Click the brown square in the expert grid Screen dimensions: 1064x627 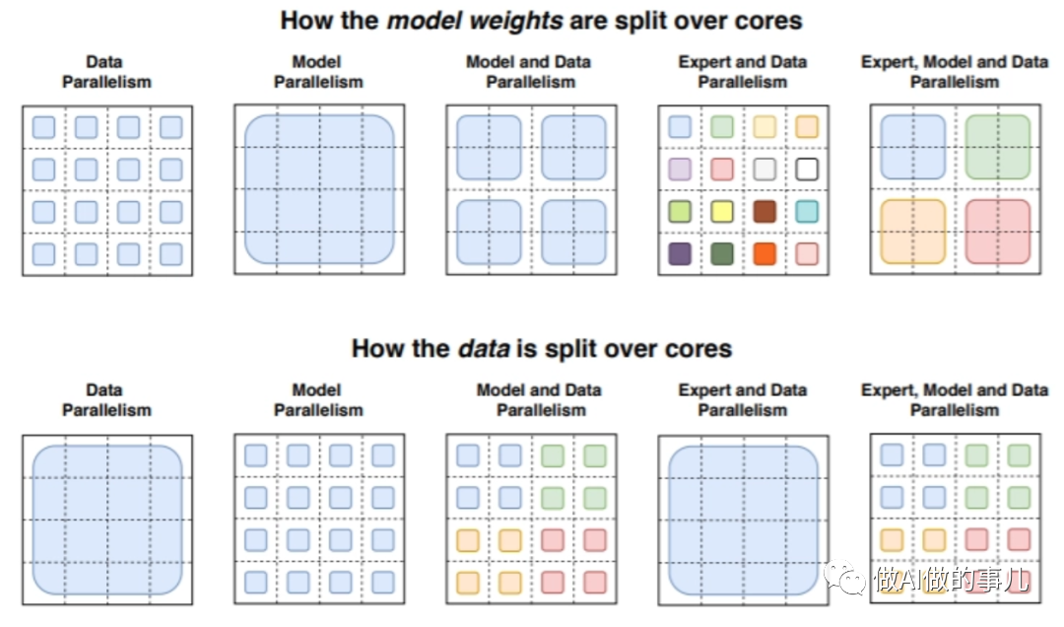click(x=765, y=211)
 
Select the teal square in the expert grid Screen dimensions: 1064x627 click(x=807, y=211)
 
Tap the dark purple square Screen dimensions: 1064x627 click(x=680, y=253)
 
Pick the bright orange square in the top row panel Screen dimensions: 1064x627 click(x=765, y=253)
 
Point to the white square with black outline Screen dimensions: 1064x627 click(x=807, y=169)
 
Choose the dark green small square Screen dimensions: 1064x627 click(x=722, y=253)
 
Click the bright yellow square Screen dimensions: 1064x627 click(x=722, y=211)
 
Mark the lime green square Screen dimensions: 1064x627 click(x=680, y=211)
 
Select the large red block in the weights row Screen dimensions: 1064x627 click(x=998, y=232)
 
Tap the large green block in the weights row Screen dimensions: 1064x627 click(x=998, y=148)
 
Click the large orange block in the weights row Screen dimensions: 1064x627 click(x=913, y=232)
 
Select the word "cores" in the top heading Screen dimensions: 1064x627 click(x=765, y=20)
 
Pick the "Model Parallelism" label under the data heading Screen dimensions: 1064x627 click(x=318, y=399)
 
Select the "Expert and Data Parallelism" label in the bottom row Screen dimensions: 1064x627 click(x=743, y=399)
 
